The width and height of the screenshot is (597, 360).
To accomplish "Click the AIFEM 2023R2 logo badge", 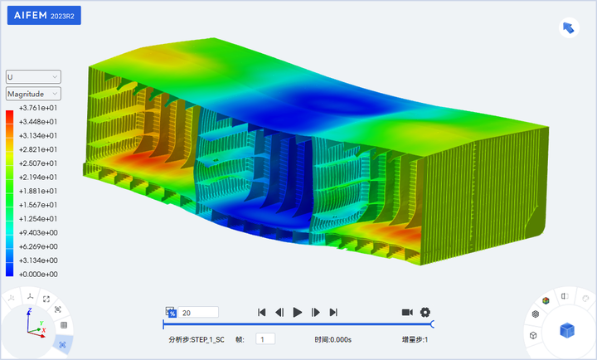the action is coord(44,15).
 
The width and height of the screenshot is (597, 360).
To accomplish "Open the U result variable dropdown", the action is coord(33,77).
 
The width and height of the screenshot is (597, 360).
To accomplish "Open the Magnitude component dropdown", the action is coord(33,94).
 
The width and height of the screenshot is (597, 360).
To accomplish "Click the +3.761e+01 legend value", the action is coord(38,108).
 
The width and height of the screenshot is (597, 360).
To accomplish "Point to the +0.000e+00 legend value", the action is coord(38,275).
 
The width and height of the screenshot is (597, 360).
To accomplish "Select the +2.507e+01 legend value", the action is coord(38,163).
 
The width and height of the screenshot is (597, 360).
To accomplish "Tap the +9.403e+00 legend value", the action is coord(38,233).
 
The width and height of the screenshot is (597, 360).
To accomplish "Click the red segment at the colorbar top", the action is coord(9,117).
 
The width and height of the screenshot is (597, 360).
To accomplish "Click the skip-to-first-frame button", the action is coord(261,313).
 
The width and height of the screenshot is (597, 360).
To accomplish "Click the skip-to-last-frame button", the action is coord(333,313).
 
